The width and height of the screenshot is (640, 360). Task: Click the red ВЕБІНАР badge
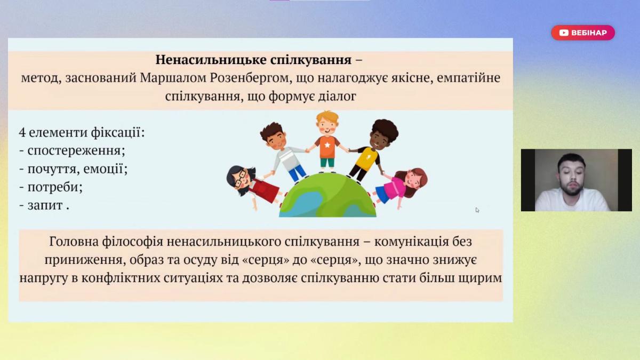(x=583, y=33)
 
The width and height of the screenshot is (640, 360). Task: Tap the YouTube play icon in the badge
(x=564, y=33)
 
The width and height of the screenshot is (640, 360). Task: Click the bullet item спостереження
(x=76, y=150)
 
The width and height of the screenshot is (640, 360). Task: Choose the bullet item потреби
(x=55, y=187)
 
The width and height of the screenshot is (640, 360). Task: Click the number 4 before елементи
(x=22, y=133)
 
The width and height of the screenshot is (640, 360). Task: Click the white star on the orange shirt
(x=327, y=145)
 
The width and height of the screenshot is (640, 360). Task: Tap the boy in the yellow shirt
(x=371, y=150)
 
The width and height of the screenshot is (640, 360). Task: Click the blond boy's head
(x=327, y=124)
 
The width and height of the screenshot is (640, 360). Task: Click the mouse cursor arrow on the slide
(x=477, y=210)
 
